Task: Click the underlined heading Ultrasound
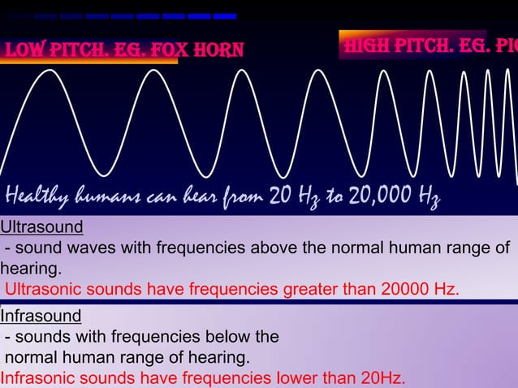point(42,226)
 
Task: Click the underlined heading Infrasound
point(41,315)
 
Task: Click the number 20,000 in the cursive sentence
point(381,196)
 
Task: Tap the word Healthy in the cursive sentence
point(40,196)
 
